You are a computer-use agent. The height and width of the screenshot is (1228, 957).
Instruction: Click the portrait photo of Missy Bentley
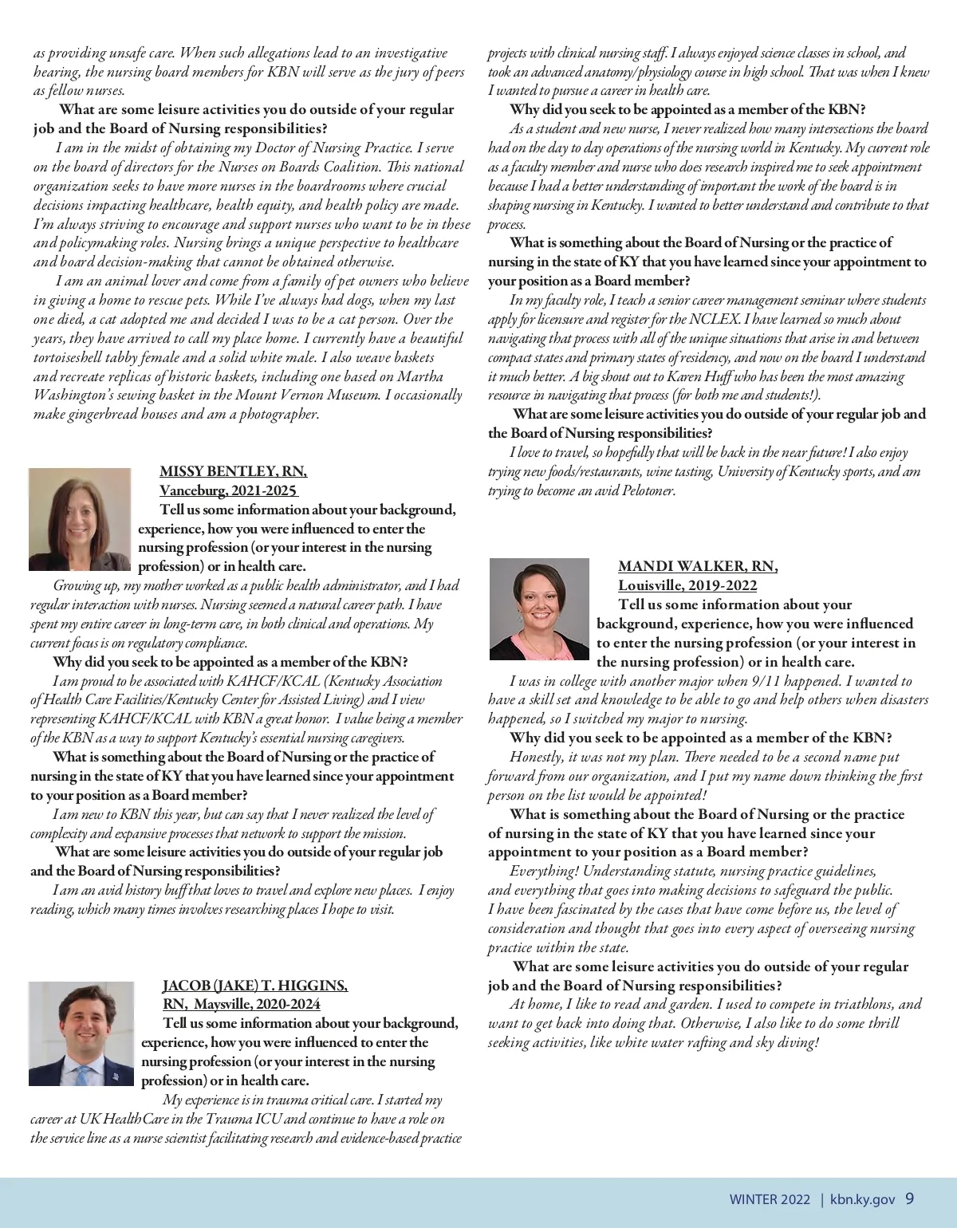pos(79,518)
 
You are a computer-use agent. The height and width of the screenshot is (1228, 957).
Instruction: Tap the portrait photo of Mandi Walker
pos(539,609)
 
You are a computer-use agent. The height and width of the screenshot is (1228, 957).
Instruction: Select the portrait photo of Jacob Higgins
pos(81,1033)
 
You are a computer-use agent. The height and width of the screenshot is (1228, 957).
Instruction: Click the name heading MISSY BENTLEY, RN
pos(233,471)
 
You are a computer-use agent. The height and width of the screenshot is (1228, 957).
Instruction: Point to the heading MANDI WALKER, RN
pos(698,566)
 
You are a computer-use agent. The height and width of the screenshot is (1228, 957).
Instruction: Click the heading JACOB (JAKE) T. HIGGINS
pos(255,986)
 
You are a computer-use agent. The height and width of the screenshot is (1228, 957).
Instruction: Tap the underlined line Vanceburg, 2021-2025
pos(228,490)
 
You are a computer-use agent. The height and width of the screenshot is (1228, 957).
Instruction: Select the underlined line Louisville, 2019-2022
pos(687,585)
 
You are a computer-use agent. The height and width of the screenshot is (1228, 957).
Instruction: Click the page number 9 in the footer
pos(910,1198)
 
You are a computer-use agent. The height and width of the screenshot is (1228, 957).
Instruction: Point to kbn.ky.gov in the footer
pos(863,1199)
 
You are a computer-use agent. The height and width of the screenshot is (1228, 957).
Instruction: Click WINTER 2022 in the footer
pos(770,1199)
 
